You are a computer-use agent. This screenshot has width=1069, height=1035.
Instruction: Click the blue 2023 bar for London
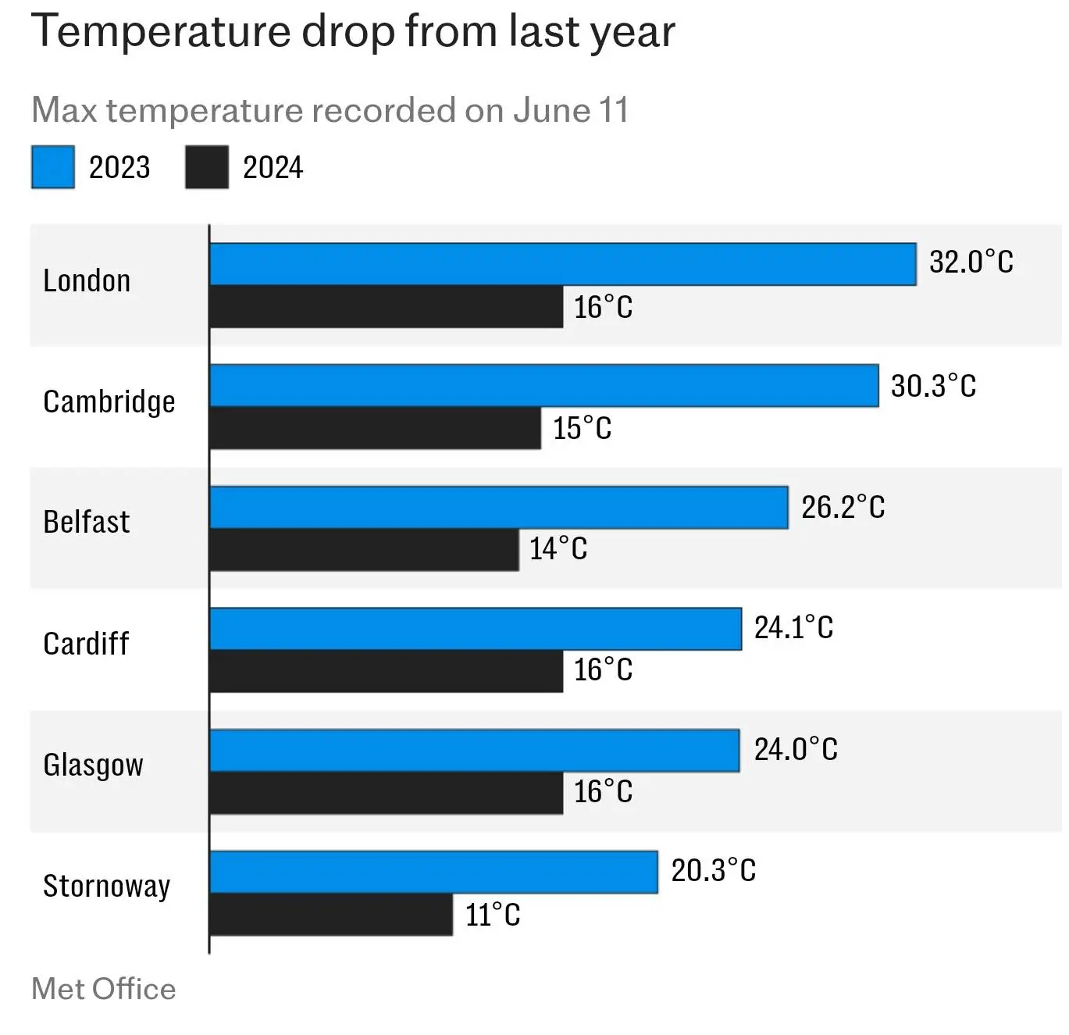(562, 264)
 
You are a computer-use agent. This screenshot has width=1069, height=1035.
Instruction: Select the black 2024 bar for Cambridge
(375, 428)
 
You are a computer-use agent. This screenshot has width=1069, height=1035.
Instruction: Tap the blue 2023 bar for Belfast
(498, 508)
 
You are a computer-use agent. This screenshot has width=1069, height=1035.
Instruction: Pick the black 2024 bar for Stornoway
(331, 915)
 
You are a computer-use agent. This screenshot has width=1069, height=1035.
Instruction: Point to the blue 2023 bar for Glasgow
(474, 751)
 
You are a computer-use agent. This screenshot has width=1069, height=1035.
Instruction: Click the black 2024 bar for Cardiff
(386, 671)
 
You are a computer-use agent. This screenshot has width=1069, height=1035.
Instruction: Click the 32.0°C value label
(971, 262)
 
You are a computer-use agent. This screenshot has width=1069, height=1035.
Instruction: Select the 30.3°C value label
(933, 386)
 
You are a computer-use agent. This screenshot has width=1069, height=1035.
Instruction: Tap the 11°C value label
(493, 915)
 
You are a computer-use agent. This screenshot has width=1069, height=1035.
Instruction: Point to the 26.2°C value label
(843, 508)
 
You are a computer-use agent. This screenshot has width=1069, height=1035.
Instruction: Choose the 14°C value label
(558, 548)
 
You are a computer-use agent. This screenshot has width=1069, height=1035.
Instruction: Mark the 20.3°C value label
(713, 871)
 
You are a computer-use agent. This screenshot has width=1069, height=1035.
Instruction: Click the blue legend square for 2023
(53, 167)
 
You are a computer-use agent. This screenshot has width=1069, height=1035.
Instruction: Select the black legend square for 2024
(207, 167)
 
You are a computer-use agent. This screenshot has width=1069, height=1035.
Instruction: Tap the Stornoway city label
(106, 887)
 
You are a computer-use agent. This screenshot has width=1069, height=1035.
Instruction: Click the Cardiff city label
(86, 644)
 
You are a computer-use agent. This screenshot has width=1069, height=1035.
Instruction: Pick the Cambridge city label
(109, 402)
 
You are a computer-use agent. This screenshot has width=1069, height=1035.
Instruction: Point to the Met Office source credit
(103, 989)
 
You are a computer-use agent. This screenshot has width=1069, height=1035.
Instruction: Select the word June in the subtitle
(551, 110)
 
